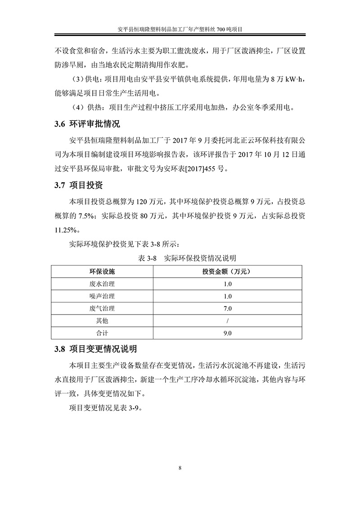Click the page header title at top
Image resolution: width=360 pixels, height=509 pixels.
180,29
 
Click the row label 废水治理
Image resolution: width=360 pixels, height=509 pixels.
102,284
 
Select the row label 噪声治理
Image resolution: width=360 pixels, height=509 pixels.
102,296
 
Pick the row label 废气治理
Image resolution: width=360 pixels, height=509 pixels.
102,309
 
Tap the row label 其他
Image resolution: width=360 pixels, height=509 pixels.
102,321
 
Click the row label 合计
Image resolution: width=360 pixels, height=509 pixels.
102,333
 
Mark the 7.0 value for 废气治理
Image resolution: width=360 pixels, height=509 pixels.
228,309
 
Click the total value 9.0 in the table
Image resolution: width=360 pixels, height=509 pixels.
228,333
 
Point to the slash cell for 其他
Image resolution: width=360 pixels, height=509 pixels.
228,321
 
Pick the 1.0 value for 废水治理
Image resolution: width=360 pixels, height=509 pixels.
228,284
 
